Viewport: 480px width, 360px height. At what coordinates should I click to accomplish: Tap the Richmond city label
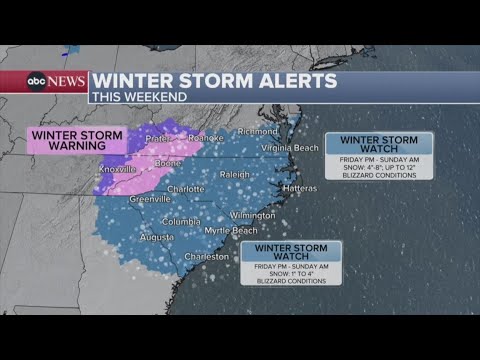coord(258,130)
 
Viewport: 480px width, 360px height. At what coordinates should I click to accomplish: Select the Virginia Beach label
coord(290,147)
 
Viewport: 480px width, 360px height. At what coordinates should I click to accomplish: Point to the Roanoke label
coord(205,139)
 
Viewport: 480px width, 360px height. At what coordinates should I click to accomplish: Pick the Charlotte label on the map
coord(185,188)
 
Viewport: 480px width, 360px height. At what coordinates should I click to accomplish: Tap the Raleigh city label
coord(234,174)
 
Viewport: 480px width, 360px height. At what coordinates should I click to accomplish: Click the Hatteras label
coord(299,188)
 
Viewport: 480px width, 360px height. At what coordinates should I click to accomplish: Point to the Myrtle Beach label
coord(231,230)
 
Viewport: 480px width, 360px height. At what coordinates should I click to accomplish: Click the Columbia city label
coord(181,221)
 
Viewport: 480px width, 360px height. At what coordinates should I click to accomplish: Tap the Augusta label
coord(156,237)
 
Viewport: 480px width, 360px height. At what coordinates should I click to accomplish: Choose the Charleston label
coord(207,256)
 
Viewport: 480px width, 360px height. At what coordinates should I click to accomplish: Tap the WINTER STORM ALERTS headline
coord(214,80)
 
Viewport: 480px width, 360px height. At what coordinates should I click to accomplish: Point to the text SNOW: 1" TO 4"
coord(290,273)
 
